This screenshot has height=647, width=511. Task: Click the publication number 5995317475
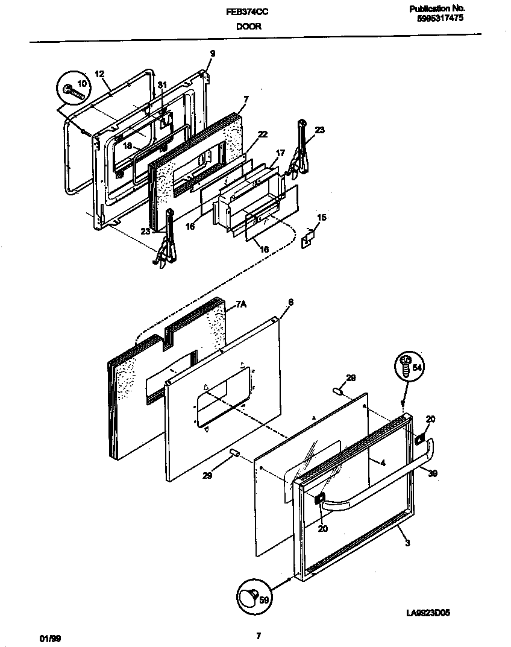[x=440, y=19]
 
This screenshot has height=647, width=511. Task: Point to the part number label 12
[x=100, y=74]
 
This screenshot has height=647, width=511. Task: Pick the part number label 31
[x=161, y=85]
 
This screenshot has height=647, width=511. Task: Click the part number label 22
[x=263, y=134]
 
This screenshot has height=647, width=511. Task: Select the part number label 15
[x=322, y=217]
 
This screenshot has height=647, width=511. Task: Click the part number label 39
[x=432, y=473]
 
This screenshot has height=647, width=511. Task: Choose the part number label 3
[x=408, y=543]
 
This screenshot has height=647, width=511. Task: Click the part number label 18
[x=127, y=145]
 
